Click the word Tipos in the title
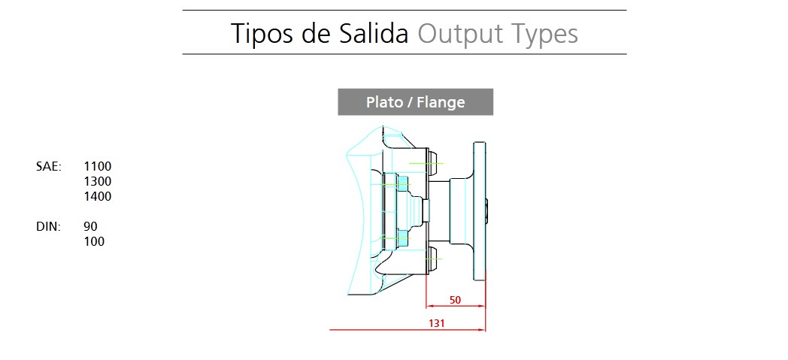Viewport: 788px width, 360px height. coord(262,34)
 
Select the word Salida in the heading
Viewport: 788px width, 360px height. coord(373,34)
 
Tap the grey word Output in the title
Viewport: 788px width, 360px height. coord(460,35)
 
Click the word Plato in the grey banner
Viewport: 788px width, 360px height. coord(384,102)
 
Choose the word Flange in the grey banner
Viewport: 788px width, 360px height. coord(441,103)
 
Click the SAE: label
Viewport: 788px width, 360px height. coord(49,166)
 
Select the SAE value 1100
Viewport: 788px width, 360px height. coord(98,166)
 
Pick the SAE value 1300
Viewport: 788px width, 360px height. coord(98,181)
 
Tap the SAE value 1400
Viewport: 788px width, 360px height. coord(98,196)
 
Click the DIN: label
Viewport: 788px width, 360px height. coord(48,226)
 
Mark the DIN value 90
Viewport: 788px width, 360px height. coord(90,226)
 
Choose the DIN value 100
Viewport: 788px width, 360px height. coord(94,241)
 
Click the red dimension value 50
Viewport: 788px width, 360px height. coord(455,301)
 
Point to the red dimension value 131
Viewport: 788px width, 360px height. coord(436,323)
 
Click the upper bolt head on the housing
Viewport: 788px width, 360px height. coord(432,163)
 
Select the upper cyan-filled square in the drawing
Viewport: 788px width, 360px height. coord(403,184)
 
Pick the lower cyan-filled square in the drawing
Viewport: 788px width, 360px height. coord(403,238)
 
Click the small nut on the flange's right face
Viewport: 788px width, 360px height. coord(487,210)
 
